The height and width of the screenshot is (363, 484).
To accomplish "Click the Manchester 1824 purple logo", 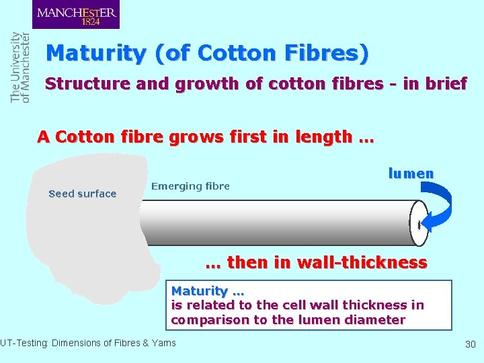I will click(x=76, y=14).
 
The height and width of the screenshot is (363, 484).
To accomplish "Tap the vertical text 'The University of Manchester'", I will click(x=20, y=67).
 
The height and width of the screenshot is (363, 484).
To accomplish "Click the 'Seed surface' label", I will click(x=83, y=194).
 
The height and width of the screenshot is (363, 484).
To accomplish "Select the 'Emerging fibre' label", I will click(x=190, y=186).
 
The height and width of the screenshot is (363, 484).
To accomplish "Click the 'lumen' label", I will click(x=411, y=173).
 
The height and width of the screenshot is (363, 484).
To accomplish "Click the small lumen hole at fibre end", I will click(x=418, y=225).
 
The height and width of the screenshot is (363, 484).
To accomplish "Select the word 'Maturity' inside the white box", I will click(x=200, y=291).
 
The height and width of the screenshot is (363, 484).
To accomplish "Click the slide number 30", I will click(x=470, y=344).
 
